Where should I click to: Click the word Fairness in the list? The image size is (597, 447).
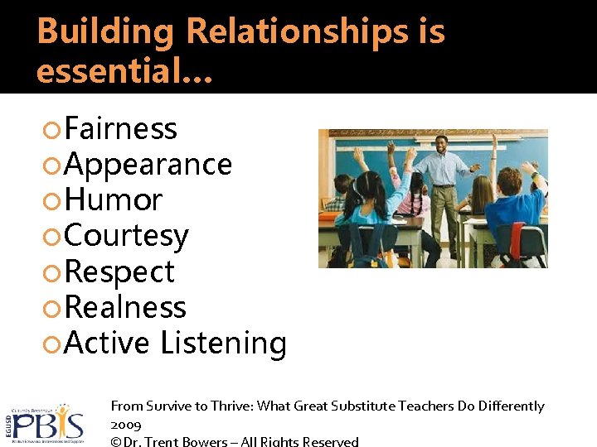[x=120, y=129]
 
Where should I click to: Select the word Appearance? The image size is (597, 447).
[x=148, y=165]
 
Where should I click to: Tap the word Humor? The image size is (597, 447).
[x=113, y=200]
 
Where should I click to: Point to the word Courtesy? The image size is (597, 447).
[x=126, y=237]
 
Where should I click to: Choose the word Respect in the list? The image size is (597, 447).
[x=119, y=272]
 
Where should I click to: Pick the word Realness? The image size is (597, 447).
[x=125, y=308]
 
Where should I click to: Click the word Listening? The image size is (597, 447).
[x=223, y=344]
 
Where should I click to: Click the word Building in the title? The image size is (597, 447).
[x=106, y=32]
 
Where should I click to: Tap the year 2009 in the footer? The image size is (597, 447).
[x=126, y=425]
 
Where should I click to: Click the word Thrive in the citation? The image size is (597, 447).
[x=228, y=406]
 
